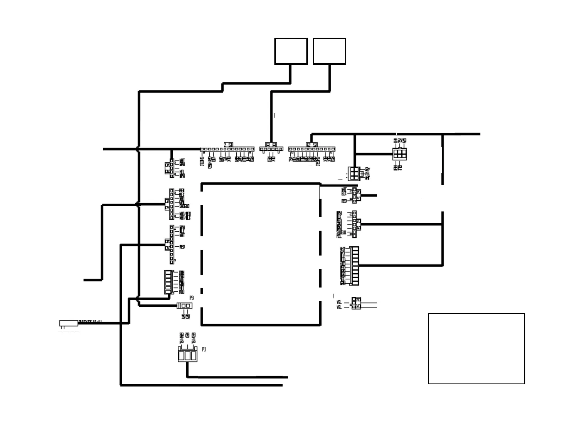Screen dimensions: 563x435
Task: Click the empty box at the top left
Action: click(291, 51)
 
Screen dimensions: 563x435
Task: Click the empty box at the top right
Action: click(329, 51)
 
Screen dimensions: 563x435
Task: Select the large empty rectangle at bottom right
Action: click(476, 348)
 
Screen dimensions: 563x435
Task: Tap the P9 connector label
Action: click(192, 298)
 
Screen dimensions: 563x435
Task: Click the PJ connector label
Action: click(204, 350)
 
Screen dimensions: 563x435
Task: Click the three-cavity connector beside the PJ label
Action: click(187, 355)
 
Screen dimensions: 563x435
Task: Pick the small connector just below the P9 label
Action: click(184, 306)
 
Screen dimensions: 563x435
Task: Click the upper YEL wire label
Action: click(339, 302)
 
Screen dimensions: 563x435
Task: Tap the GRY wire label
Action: click(368, 169)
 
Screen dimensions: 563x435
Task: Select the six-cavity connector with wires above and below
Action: click(400, 154)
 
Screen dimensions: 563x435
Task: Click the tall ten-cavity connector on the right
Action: click(354, 265)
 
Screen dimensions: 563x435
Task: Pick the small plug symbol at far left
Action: click(69, 323)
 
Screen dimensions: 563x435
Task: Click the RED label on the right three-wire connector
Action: click(344, 201)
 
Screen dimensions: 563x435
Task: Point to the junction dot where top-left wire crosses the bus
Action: click(138, 149)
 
